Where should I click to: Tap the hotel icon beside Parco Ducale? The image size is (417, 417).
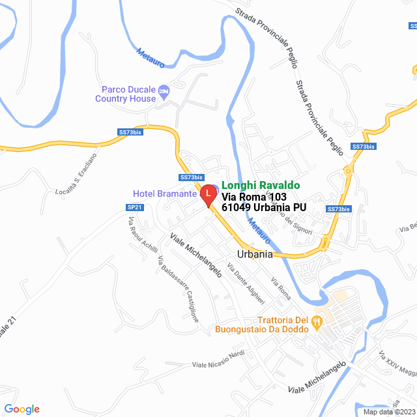(164, 90)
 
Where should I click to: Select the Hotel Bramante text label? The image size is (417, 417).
(165, 194)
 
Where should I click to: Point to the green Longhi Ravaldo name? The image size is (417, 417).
(261, 185)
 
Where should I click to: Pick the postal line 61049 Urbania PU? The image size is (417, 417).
(264, 207)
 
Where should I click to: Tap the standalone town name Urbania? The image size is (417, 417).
(254, 254)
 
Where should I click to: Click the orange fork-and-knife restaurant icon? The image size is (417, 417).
(317, 321)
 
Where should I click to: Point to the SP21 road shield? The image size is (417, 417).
(134, 207)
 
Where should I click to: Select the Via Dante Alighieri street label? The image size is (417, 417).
(246, 283)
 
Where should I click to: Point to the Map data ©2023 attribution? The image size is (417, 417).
(389, 412)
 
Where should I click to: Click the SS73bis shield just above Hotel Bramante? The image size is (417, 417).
(192, 177)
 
